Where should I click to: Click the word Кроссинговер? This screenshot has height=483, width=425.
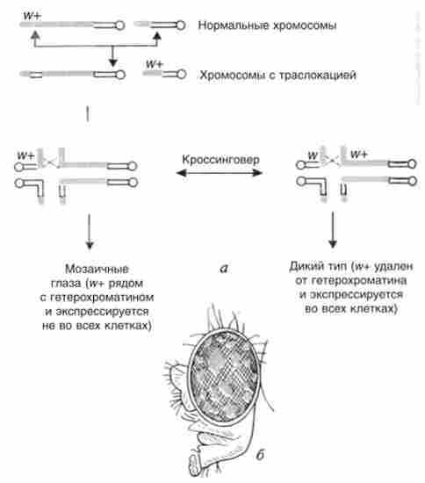220,160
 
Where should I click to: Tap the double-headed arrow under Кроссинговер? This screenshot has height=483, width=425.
220,173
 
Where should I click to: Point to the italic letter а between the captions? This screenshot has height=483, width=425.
224,269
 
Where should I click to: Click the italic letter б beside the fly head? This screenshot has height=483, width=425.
260,454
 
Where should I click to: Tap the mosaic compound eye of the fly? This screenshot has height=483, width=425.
223,376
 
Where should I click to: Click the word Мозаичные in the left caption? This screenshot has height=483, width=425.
97,269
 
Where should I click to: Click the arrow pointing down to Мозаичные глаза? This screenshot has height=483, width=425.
90,232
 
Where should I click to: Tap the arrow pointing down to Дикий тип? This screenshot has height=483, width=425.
333,229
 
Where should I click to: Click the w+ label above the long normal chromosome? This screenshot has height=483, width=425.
32,16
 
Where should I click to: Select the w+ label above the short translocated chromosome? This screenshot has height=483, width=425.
155,64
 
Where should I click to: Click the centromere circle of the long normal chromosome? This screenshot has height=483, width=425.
120,25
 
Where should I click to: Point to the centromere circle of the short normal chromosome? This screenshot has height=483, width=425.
181,25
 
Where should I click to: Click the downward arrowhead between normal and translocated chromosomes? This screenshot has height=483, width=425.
112,61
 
